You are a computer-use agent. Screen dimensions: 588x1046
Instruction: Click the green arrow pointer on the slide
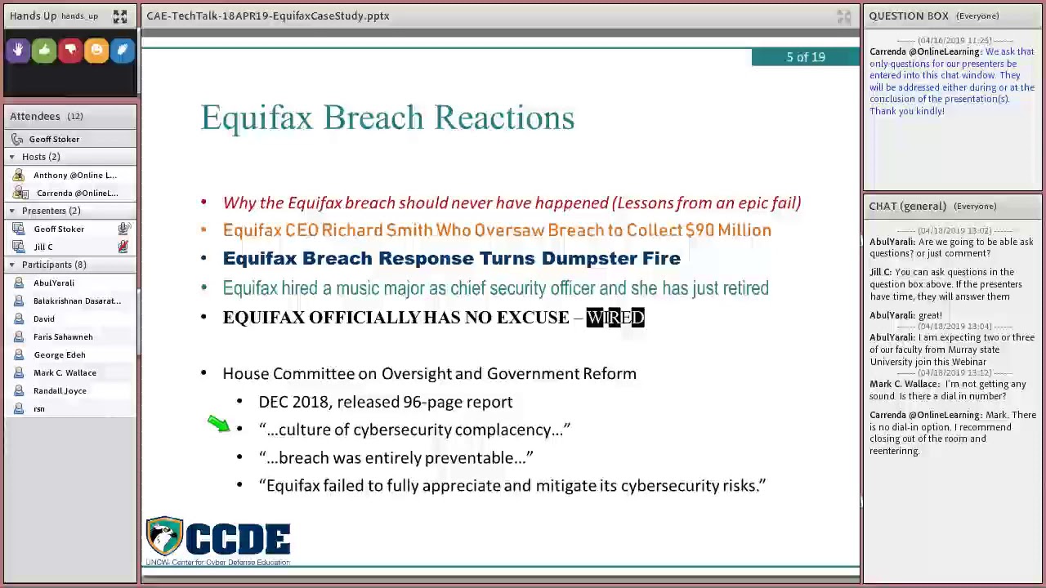click(218, 423)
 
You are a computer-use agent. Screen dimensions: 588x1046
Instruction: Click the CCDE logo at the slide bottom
click(218, 540)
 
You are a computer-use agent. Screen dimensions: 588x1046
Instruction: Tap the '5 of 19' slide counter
click(805, 57)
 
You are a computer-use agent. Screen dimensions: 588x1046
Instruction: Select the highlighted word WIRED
click(615, 317)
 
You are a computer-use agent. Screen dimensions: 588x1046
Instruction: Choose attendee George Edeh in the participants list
click(59, 354)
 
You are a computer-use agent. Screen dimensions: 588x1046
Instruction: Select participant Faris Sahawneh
click(63, 336)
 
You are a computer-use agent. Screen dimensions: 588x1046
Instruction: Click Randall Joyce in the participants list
click(60, 390)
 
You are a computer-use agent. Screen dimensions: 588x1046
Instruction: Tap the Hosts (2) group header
click(40, 157)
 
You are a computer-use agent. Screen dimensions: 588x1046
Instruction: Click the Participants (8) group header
click(54, 265)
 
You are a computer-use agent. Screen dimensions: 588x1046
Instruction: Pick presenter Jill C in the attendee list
click(43, 247)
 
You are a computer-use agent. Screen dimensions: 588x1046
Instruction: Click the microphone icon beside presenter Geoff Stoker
click(123, 229)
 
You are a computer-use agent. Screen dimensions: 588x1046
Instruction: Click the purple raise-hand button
click(18, 51)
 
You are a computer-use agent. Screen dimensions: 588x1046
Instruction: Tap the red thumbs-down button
click(70, 51)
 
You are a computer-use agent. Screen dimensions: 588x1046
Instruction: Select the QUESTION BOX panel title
click(908, 16)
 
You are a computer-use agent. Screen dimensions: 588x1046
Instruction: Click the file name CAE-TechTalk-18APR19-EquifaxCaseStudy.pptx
click(267, 16)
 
